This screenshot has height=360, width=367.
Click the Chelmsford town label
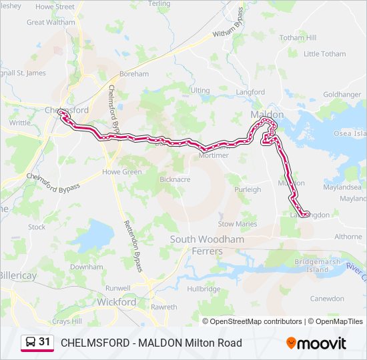[x=67, y=110]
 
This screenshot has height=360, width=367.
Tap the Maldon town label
[x=267, y=115]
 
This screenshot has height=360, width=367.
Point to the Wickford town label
[x=116, y=302]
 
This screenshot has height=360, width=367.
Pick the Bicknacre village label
[x=175, y=179]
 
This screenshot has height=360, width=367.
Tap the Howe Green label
[x=122, y=172]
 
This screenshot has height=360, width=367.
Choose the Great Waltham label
[x=51, y=22]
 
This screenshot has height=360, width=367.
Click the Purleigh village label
[x=248, y=189]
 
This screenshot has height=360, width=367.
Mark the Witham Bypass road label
[x=231, y=26]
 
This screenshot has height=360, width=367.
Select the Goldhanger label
[x=342, y=95]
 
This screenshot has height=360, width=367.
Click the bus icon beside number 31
[x=30, y=343]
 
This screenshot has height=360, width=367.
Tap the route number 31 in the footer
[x=45, y=342]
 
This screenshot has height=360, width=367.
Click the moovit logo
[x=316, y=343]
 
